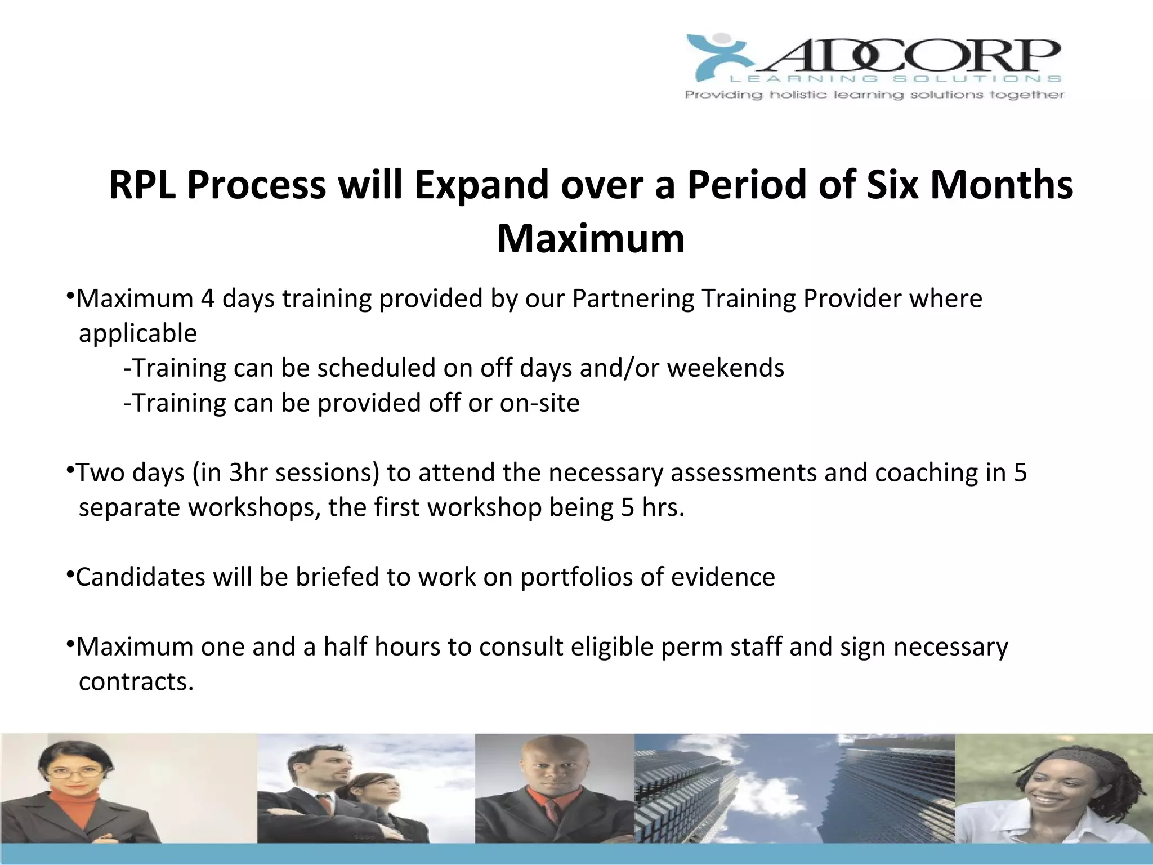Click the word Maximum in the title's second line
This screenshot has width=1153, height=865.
pyautogui.click(x=590, y=239)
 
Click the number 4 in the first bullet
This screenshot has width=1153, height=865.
pyautogui.click(x=207, y=298)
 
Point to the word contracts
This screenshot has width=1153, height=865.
pyautogui.click(x=136, y=681)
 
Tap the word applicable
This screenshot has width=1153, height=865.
pyautogui.click(x=137, y=333)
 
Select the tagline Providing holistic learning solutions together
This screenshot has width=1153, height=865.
pyautogui.click(x=874, y=95)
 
